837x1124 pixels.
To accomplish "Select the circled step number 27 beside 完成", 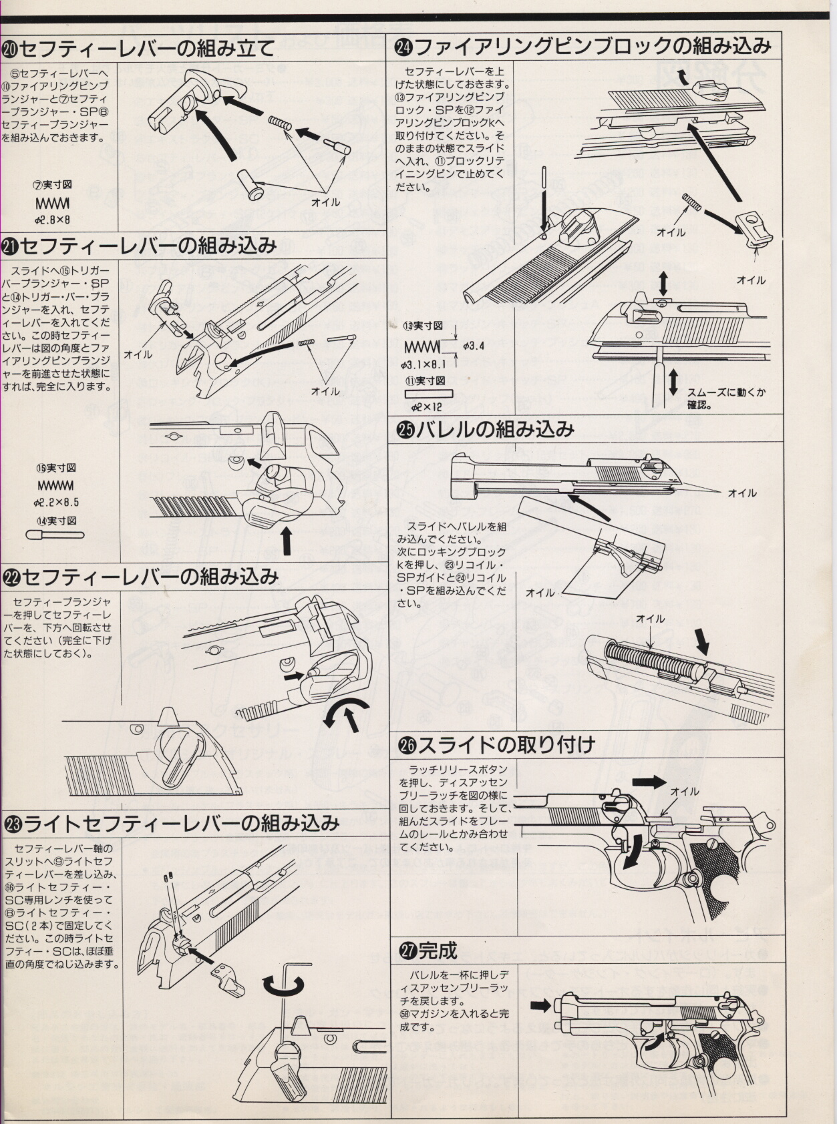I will pos(407,950).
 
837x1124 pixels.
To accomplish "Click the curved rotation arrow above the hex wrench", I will pos(283,985).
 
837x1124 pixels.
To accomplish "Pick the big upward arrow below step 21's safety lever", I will pos(287,541).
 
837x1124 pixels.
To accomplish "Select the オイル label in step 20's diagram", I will pos(325,202).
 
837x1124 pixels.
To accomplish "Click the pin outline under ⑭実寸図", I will pos(55,534).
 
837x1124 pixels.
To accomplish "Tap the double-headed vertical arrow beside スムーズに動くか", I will pos(673,380).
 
